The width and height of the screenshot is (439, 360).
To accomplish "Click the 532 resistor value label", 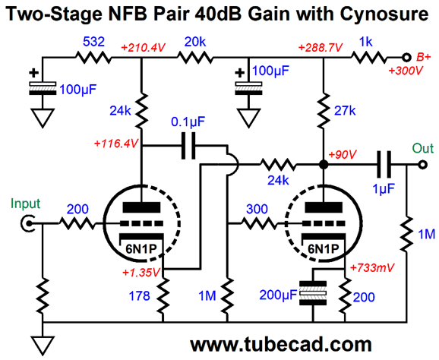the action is [x=93, y=42].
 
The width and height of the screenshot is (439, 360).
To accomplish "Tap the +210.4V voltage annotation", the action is [x=143, y=48].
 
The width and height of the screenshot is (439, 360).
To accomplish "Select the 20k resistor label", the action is [x=195, y=42].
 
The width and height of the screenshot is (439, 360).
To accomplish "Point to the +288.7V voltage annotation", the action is [x=321, y=48].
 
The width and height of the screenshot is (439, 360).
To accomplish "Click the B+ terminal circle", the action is [x=406, y=58].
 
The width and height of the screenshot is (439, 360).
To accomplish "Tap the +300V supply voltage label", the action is [x=406, y=71].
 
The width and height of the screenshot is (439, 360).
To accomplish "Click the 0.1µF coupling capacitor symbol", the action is [x=188, y=146].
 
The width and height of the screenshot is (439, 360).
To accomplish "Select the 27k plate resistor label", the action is [x=345, y=111].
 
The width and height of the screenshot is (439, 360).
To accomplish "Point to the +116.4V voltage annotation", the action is [x=116, y=144].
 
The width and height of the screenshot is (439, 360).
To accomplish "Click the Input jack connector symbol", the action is [x=28, y=223].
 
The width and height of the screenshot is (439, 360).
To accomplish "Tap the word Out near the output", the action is [x=423, y=148].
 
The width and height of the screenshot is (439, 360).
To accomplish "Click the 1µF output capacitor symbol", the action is [x=384, y=164].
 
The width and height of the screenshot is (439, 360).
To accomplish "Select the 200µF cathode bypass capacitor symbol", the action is [x=313, y=293].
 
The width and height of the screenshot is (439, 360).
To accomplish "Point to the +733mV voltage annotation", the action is [x=372, y=267].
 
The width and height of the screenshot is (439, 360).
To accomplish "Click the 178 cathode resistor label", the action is [x=139, y=295].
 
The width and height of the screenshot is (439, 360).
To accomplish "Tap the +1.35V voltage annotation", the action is [x=141, y=273].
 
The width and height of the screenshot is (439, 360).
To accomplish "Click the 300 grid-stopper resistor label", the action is [x=257, y=209].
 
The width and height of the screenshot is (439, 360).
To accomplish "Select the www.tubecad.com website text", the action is [x=281, y=344].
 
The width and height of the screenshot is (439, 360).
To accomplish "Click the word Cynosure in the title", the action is [x=384, y=14].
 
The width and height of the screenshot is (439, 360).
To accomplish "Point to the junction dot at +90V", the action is [x=324, y=164].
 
